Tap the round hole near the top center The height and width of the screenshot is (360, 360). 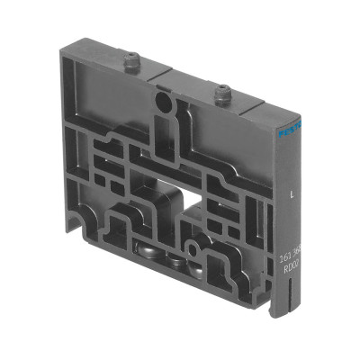(x=162, y=103)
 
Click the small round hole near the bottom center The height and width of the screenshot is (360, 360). (x=193, y=249)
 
